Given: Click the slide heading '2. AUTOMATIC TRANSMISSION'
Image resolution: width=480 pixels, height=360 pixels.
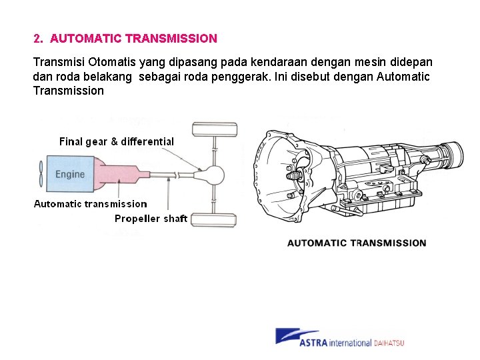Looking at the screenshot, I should pos(125,39).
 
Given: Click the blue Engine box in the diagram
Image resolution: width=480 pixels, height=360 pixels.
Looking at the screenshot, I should pos(70,175).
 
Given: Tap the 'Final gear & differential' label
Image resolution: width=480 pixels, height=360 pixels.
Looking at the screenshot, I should pos(117,141).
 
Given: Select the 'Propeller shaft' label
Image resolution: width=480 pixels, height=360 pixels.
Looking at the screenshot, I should pos(151,219).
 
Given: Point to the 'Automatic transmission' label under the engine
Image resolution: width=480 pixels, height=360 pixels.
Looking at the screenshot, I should pos(91,204).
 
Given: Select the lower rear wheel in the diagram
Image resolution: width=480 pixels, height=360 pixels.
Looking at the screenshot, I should pos(214,219).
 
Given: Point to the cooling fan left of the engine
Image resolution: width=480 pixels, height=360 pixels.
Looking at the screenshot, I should pos(41,175).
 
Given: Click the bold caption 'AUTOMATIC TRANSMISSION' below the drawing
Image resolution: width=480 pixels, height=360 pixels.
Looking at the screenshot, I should pos(357,243).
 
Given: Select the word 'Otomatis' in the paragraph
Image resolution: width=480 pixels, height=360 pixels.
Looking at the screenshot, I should pos(102,62).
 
